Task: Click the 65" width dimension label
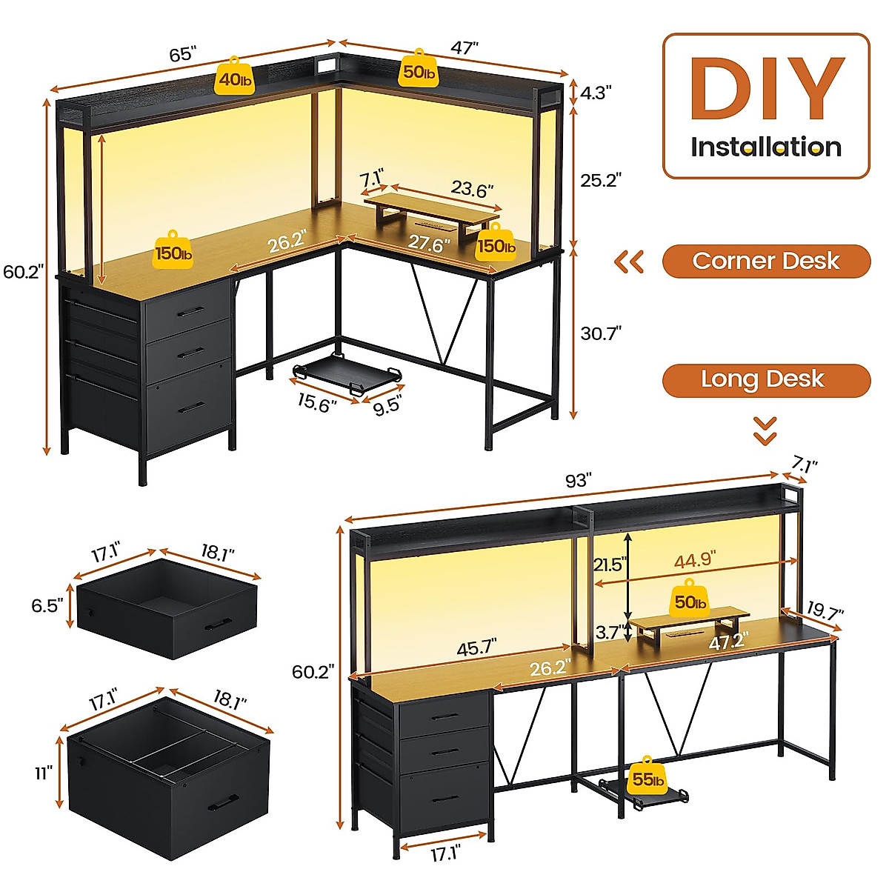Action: (x=182, y=54)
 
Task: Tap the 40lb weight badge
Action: (x=234, y=77)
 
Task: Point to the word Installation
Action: (x=766, y=147)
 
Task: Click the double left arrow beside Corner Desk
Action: (x=630, y=262)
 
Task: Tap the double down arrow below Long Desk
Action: (x=765, y=430)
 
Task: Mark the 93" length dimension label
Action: (x=577, y=481)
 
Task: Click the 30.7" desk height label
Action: (x=600, y=333)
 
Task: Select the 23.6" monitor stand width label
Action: (x=472, y=190)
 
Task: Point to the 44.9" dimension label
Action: (x=693, y=560)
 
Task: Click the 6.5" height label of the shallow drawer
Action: (x=47, y=605)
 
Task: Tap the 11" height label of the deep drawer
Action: (x=44, y=773)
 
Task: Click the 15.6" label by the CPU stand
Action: (x=317, y=403)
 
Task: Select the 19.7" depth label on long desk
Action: (x=825, y=611)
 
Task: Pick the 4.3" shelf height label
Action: (x=596, y=93)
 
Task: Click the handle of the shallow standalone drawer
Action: (x=218, y=624)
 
